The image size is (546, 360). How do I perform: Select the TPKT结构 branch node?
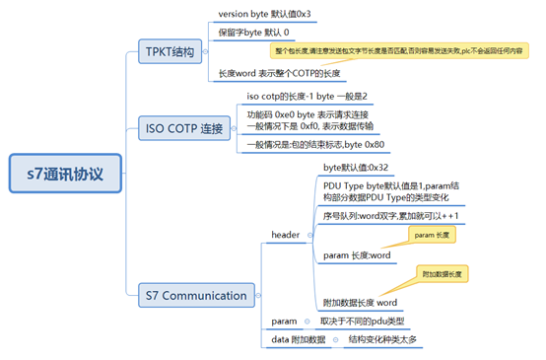pyautogui.click(x=169, y=48)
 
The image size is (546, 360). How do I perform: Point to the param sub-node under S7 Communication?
pyautogui.click(x=285, y=322)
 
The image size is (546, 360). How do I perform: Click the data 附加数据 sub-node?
pyautogui.click(x=298, y=339)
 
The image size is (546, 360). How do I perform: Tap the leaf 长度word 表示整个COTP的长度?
pyautogui.click(x=280, y=74)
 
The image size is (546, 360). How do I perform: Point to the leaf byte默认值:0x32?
pyautogui.click(x=356, y=169)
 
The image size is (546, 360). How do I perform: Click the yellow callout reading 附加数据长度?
pyautogui.click(x=442, y=273)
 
